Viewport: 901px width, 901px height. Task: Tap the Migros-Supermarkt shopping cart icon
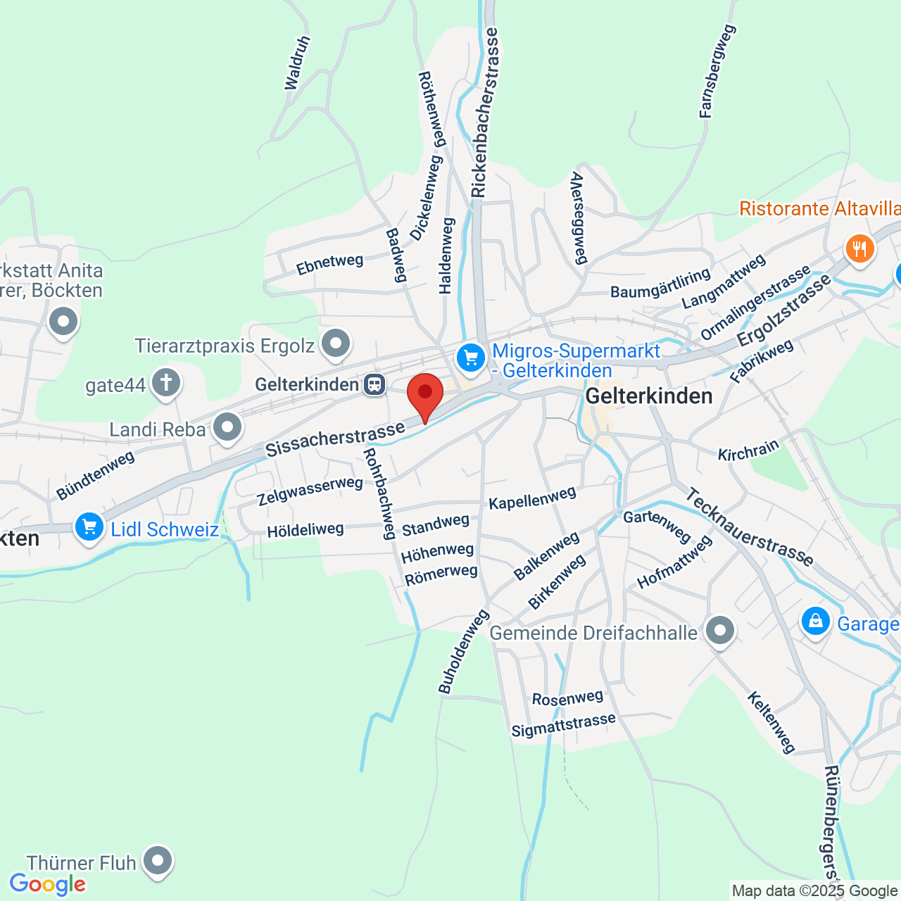471,358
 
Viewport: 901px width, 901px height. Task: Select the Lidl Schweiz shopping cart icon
89,527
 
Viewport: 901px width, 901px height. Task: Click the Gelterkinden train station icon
374,384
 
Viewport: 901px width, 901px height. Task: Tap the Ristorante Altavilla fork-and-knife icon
859,248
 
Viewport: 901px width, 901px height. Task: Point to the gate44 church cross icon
165,384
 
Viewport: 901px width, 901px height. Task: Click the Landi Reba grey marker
227,427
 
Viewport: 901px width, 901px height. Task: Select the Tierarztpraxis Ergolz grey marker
335,344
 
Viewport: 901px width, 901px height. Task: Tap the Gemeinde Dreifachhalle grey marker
719,631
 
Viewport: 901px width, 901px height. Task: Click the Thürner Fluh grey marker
157,860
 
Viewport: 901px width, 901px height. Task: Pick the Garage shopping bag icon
815,621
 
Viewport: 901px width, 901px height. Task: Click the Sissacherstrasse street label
335,439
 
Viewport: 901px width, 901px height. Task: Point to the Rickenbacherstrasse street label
485,113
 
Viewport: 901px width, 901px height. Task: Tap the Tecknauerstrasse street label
749,527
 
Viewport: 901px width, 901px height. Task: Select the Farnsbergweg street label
717,71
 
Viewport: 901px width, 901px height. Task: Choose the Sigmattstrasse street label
563,725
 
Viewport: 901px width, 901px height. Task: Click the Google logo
47,885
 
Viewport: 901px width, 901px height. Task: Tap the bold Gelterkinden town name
649,396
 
